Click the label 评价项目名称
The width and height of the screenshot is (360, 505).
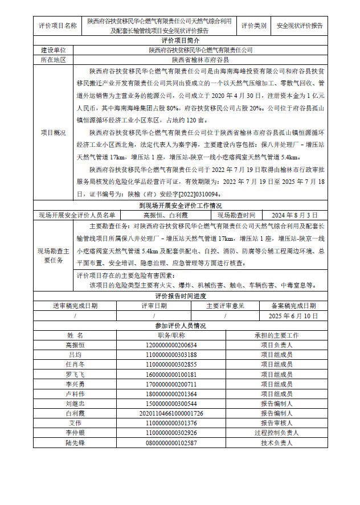pos(58,26)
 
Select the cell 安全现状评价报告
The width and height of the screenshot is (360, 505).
pos(299,26)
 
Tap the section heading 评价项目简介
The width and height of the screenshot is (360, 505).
pos(181,41)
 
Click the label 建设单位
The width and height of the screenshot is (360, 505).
pos(53,50)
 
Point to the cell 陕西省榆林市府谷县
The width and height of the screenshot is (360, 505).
pos(201,59)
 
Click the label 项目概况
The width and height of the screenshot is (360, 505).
pos(53,132)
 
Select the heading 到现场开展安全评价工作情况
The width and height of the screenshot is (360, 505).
pos(181,206)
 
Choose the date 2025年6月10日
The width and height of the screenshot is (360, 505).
pos(294,315)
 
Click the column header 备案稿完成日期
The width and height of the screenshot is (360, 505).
pos(294,306)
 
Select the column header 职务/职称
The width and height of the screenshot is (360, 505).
pos(171,335)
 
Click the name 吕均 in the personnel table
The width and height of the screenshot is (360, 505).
pos(75,355)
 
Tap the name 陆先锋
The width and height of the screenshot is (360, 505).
pos(75,443)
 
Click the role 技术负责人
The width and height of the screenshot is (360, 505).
pos(276,443)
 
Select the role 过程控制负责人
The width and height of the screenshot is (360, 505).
pos(276,433)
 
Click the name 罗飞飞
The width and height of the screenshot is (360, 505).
pos(75,375)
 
